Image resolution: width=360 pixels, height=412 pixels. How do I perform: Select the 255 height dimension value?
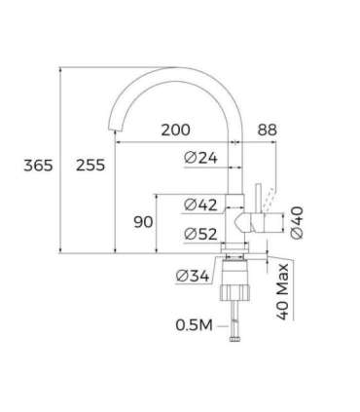coord(90,165)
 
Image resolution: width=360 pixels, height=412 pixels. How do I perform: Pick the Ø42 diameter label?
coord(200,205)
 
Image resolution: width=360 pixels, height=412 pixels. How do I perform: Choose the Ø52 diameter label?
coord(200,232)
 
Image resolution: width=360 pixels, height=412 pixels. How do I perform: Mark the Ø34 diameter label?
coord(193,276)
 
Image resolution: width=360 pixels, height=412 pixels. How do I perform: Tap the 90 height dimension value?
coord(143,222)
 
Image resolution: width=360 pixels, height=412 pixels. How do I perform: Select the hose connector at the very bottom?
coord(234,338)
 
